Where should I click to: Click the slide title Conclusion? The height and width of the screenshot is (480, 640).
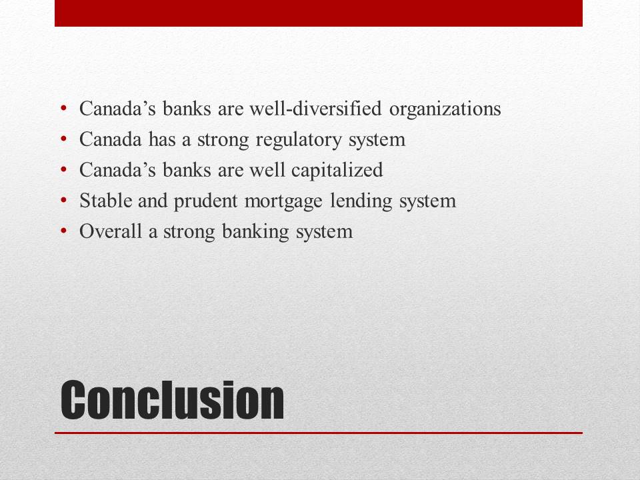pyautogui.click(x=172, y=399)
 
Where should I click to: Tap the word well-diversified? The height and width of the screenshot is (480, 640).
pyautogui.click(x=315, y=109)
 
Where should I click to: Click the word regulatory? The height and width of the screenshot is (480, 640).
pyautogui.click(x=299, y=140)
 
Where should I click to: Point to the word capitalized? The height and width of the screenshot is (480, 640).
pyautogui.click(x=337, y=171)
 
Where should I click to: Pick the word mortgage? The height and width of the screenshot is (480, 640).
pyautogui.click(x=283, y=201)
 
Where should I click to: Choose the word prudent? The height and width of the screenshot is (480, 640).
pyautogui.click(x=205, y=201)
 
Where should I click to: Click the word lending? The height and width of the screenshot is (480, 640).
pyautogui.click(x=361, y=201)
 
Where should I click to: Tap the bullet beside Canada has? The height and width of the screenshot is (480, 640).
pyautogui.click(x=63, y=139)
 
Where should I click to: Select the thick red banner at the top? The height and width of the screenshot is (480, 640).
pyautogui.click(x=319, y=13)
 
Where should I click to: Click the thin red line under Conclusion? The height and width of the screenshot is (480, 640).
pyautogui.click(x=319, y=433)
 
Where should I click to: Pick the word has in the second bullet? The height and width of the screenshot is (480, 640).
pyautogui.click(x=162, y=139)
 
